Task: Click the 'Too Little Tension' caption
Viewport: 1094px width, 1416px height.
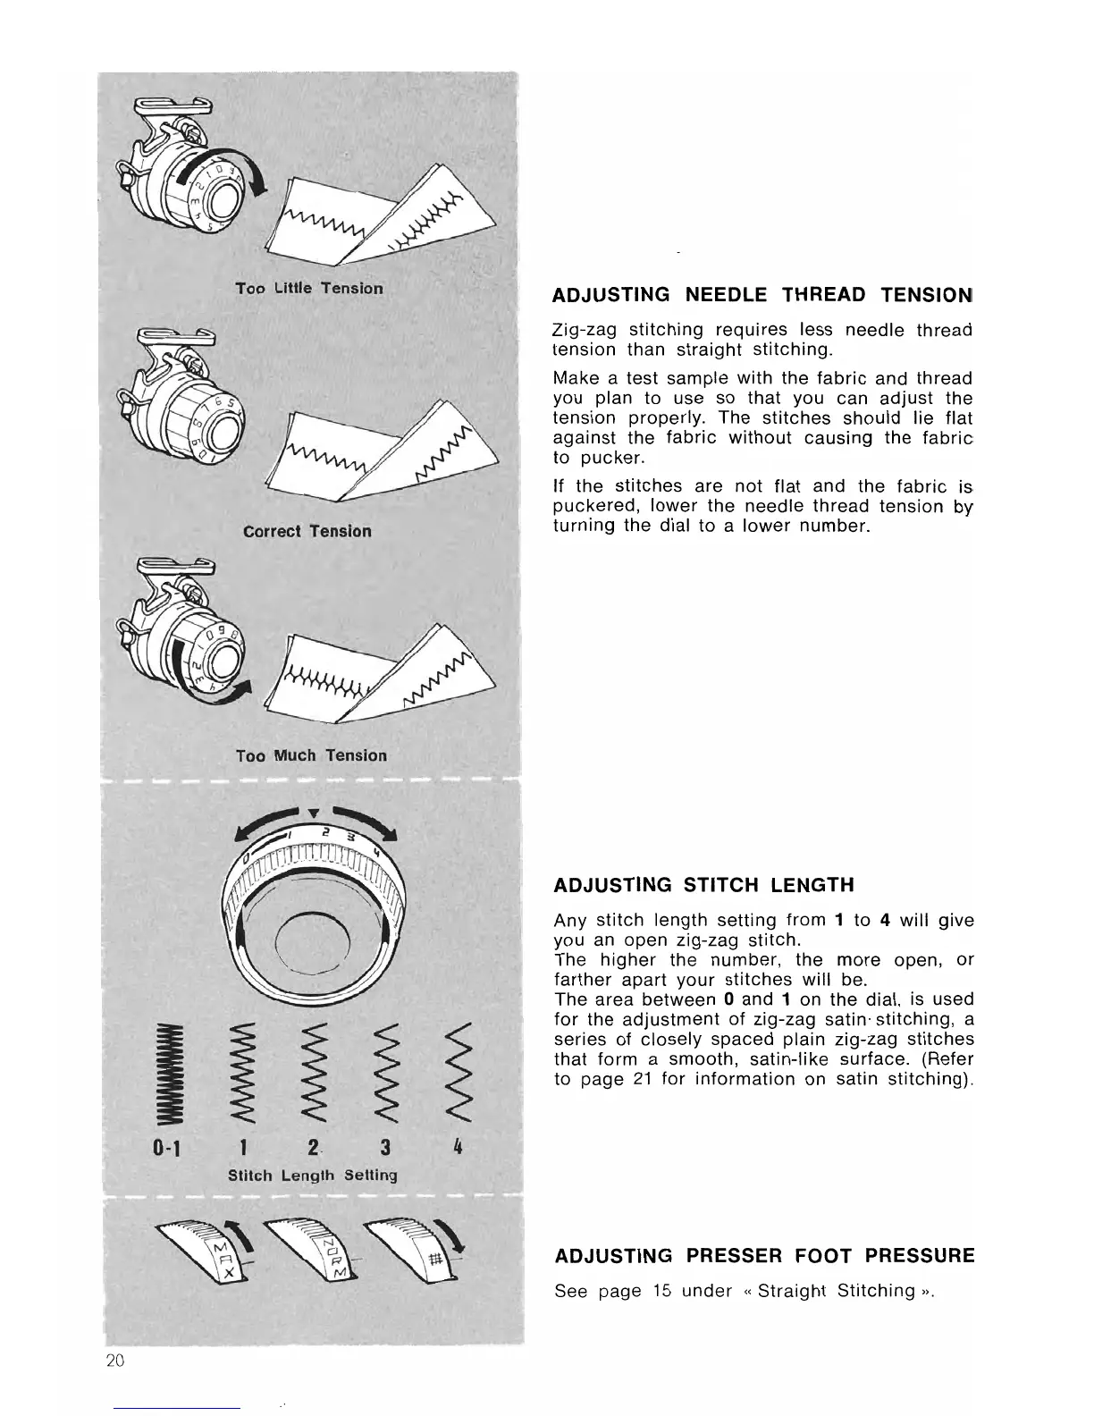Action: click(309, 288)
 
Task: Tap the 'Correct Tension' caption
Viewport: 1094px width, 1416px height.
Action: click(307, 531)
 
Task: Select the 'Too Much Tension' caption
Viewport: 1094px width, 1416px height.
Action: click(311, 755)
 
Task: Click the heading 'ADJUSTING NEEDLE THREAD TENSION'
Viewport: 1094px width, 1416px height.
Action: click(762, 295)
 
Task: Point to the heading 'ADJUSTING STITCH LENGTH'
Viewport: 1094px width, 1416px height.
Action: click(704, 885)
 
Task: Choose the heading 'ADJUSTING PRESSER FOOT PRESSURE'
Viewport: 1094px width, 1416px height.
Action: click(764, 1256)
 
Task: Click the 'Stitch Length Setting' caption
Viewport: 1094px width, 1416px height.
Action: click(313, 1175)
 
